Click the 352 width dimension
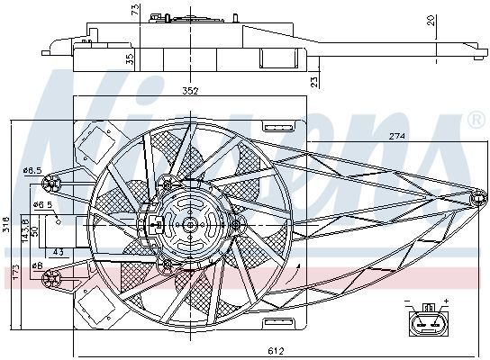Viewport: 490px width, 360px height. (x=191, y=91)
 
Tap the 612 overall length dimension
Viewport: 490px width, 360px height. (x=276, y=351)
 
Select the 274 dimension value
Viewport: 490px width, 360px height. (x=397, y=136)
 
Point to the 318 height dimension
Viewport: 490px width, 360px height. (x=6, y=225)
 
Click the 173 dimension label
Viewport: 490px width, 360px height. (x=15, y=273)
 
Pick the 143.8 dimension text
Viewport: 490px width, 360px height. (x=25, y=230)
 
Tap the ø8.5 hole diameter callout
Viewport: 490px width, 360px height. (x=32, y=171)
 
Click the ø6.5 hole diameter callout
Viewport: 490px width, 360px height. (x=44, y=205)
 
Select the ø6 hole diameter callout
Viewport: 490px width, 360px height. (x=37, y=265)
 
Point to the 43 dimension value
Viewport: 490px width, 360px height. (x=59, y=252)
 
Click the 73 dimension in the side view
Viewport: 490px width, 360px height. (x=135, y=10)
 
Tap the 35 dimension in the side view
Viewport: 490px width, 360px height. (x=130, y=59)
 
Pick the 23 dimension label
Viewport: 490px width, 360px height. (x=314, y=82)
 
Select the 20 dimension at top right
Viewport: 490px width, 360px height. (x=431, y=21)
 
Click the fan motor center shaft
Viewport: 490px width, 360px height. (x=190, y=225)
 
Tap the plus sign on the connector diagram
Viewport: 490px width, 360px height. (x=446, y=301)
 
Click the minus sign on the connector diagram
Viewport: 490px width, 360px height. (x=407, y=301)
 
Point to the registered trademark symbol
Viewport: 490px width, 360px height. (x=476, y=121)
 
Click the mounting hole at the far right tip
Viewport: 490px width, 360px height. (x=478, y=199)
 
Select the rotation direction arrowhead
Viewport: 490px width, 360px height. (x=298, y=266)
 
